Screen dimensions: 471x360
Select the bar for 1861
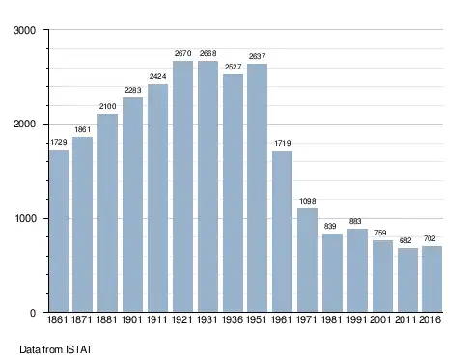pos(59,231)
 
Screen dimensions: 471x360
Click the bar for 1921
pos(182,186)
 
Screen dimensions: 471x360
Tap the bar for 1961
pos(282,231)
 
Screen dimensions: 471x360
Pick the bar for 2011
pos(407,280)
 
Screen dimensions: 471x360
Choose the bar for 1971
pos(307,261)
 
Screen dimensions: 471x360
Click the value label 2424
pos(157,76)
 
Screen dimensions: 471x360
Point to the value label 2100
pos(107,106)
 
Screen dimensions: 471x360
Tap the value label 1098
pos(308,201)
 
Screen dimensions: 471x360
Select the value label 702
pos(429,238)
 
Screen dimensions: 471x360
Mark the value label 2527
pos(233,67)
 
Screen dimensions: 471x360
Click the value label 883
pos(355,221)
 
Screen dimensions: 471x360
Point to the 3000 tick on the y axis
pos(24,30)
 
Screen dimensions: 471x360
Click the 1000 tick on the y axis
pos(25,218)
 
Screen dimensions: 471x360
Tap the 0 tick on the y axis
pos(33,313)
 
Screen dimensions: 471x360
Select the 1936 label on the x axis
pos(233,319)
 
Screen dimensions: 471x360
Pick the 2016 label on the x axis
pos(429,319)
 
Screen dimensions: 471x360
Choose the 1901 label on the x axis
pos(132,319)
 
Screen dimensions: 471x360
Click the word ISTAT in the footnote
pos(79,349)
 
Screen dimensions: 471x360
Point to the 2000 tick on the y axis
pos(24,125)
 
